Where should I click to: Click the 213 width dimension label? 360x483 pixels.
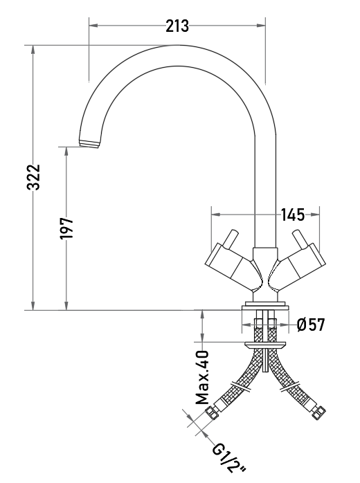pos(177,26)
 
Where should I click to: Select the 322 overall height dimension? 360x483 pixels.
pos(33,177)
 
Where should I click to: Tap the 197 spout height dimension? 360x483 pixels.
pos(66,228)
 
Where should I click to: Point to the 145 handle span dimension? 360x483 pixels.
pos(292,215)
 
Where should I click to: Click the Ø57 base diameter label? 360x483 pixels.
pos(311,325)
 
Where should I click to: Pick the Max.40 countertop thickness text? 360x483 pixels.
pos(202,377)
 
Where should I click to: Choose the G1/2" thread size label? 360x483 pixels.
pos(228,461)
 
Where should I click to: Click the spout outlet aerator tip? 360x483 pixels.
pos(90,143)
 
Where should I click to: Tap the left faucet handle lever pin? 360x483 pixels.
pos(231,239)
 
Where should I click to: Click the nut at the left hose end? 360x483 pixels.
pos(212,413)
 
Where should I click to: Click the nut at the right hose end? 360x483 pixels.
pos(318,413)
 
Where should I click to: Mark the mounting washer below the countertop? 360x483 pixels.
pos(265,345)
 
